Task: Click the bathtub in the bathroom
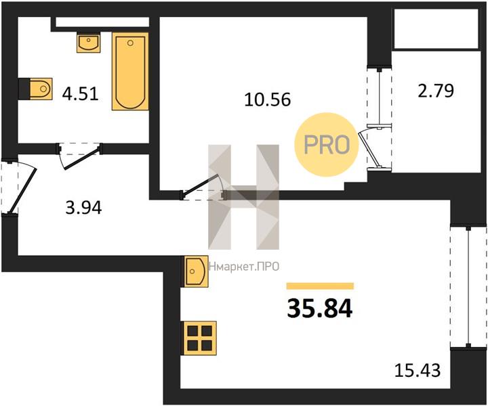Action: (x=130, y=71)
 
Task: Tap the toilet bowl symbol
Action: (x=41, y=89)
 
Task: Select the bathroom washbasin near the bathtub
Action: (x=89, y=43)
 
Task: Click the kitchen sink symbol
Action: (x=196, y=271)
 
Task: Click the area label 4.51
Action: (x=80, y=93)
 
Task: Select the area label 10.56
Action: (x=268, y=99)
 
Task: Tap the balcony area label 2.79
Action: (x=436, y=91)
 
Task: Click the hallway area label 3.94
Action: (x=84, y=208)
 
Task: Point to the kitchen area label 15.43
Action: (x=418, y=370)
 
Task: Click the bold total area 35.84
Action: (x=320, y=308)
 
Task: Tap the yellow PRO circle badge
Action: (x=327, y=145)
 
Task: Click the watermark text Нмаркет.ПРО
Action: (x=244, y=267)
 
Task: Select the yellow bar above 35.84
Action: (x=320, y=286)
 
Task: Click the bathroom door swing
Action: (x=81, y=157)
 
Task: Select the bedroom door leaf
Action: (x=199, y=185)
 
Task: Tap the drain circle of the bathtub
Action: (x=130, y=43)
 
